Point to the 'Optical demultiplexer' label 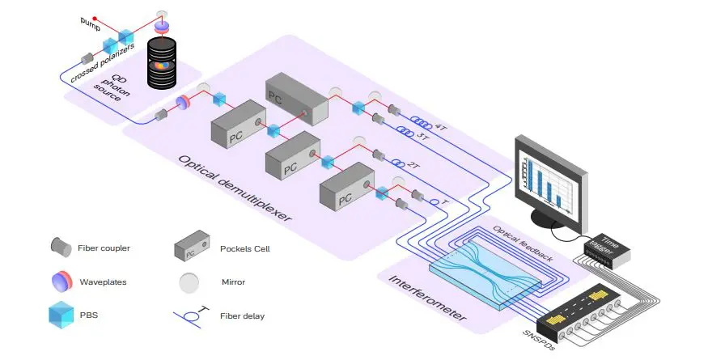[x=234, y=188]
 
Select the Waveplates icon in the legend [x=60, y=282]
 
